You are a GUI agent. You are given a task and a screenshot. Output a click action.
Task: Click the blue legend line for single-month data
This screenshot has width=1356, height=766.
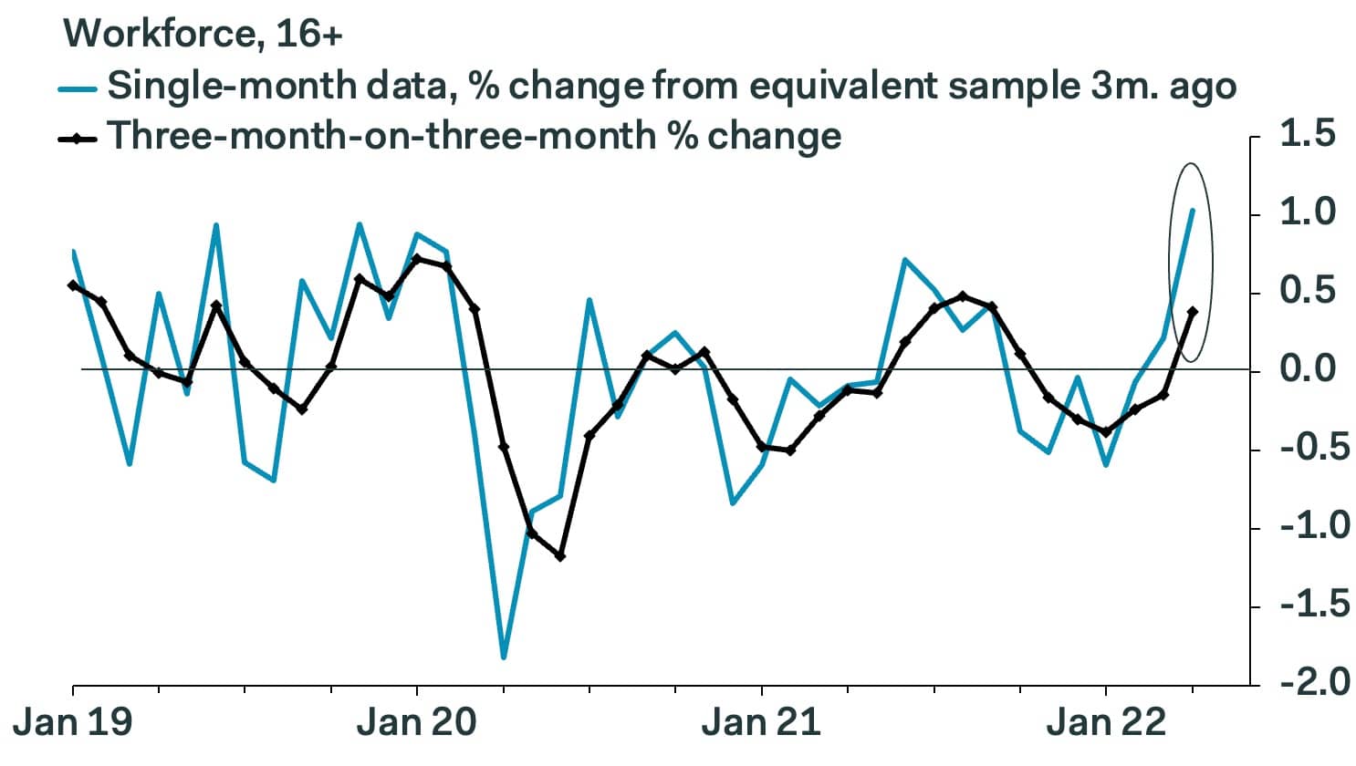click(78, 88)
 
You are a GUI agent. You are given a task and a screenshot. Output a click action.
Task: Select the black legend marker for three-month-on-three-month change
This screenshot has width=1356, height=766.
click(78, 139)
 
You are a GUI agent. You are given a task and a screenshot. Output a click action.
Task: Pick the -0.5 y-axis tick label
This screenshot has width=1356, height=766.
click(1298, 449)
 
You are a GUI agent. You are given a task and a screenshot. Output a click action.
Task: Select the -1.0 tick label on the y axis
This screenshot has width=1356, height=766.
click(1298, 527)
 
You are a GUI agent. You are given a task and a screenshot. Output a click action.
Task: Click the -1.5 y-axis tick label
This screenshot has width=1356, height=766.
click(1298, 606)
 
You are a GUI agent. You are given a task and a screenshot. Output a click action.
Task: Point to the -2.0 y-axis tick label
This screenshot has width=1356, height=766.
click(1298, 683)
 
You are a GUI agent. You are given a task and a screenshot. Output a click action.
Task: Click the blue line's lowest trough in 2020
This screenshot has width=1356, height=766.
click(504, 657)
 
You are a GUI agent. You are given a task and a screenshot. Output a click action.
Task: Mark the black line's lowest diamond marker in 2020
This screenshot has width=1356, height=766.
click(560, 556)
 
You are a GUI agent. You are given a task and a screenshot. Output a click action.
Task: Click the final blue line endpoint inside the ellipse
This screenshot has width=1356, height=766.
click(1193, 211)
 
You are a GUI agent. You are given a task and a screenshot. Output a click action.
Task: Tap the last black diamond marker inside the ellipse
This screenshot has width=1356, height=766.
click(1193, 312)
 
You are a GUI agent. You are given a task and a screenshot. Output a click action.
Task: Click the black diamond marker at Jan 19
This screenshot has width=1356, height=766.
click(73, 285)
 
